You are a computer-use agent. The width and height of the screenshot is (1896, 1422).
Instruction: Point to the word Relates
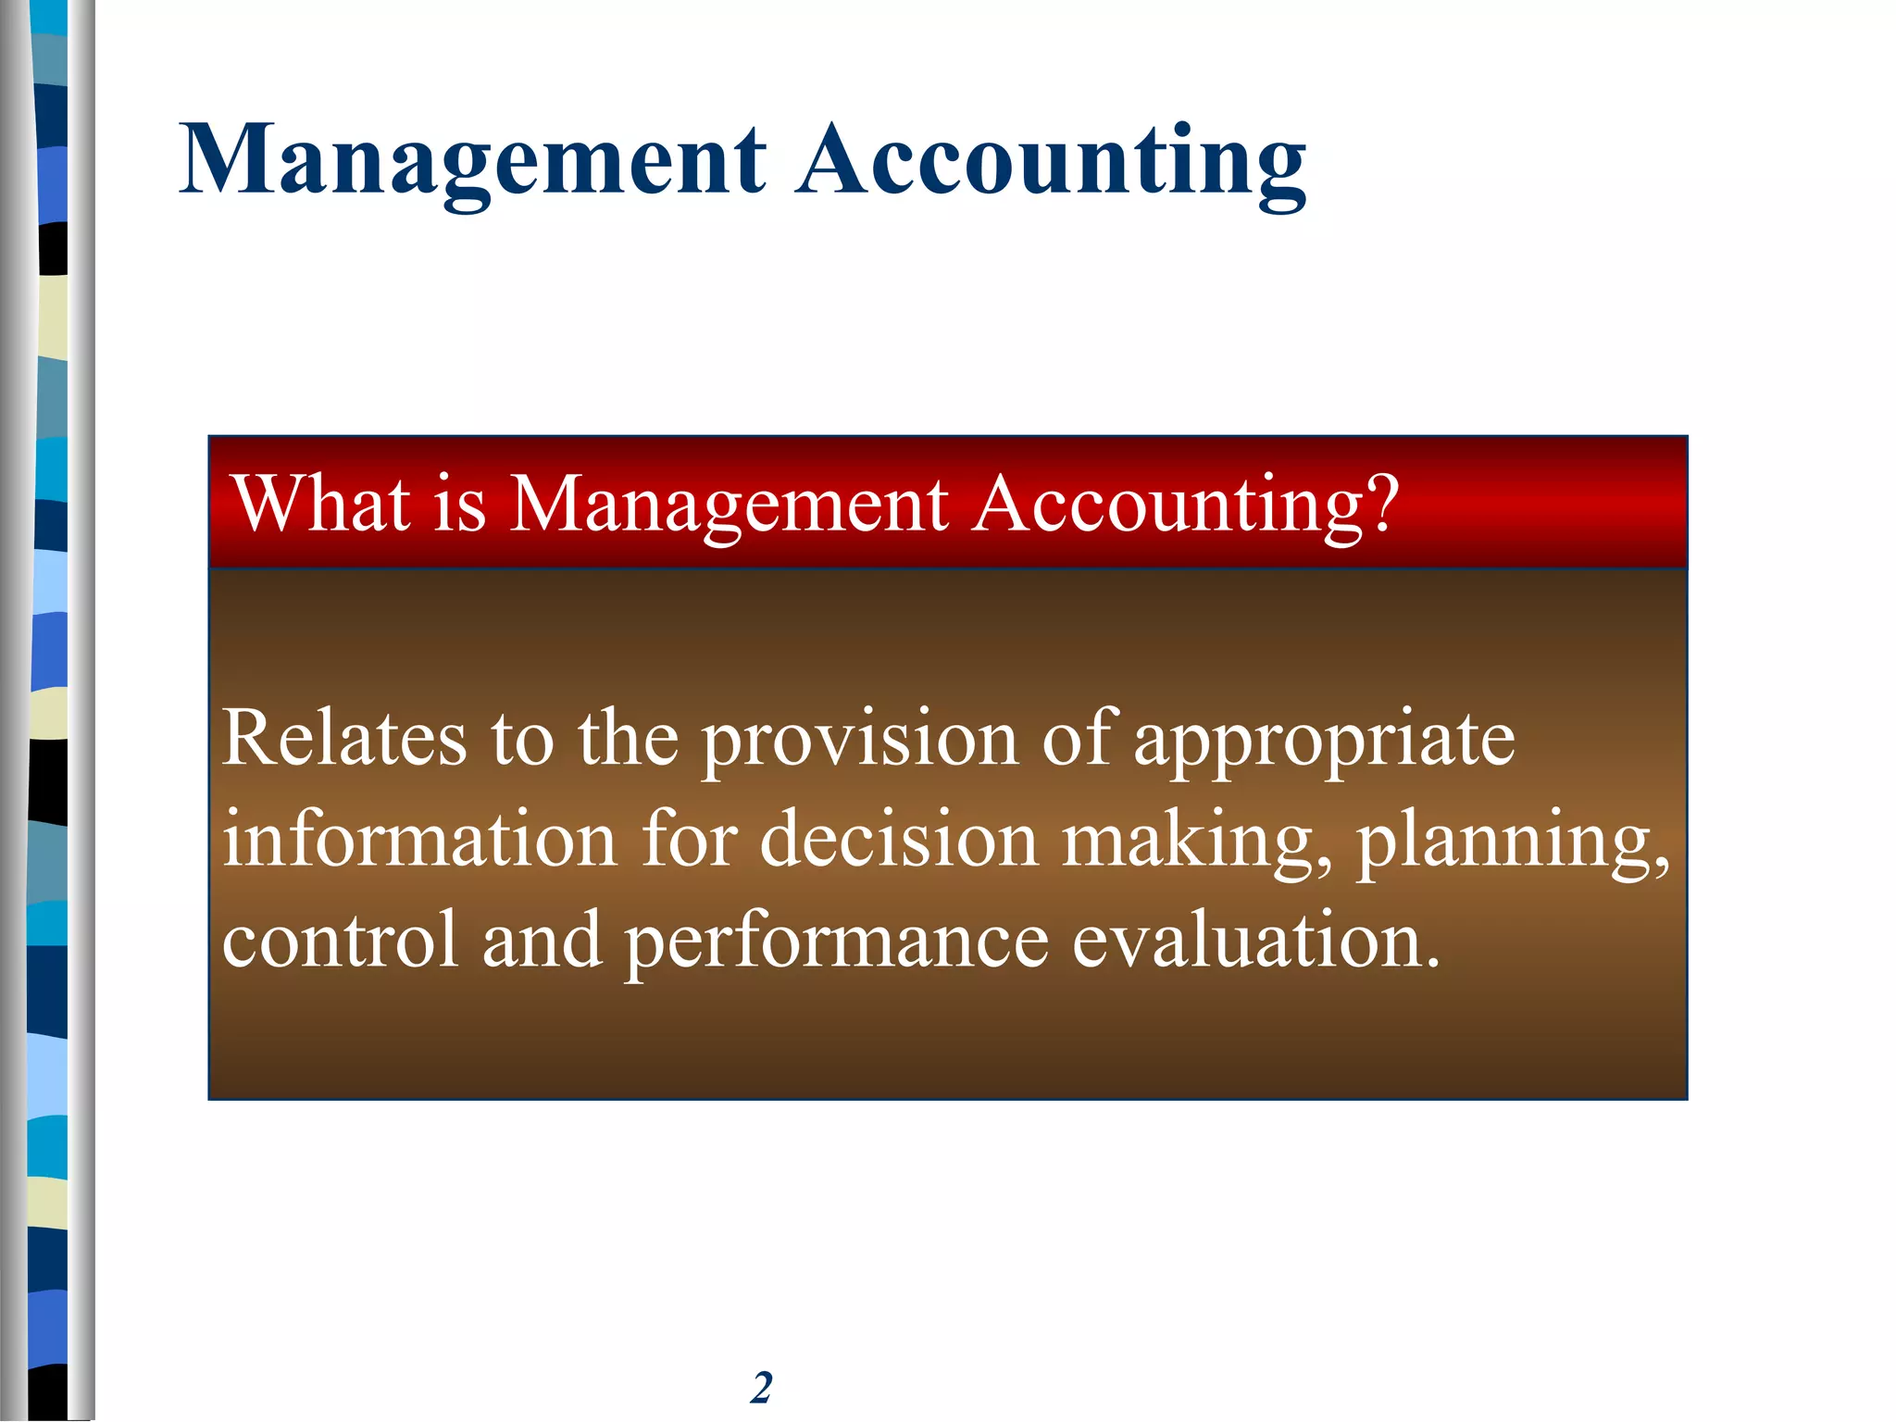pos(344,738)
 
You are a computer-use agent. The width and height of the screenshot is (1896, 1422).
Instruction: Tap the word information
pos(419,839)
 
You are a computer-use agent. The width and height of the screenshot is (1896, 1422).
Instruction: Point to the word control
pos(341,940)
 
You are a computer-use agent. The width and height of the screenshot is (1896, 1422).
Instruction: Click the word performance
pos(836,940)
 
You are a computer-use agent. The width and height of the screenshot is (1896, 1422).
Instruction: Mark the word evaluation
pos(1255,940)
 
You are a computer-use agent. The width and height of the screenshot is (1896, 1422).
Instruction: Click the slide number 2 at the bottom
pos(761,1387)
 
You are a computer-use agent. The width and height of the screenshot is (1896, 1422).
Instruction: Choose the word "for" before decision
pos(689,839)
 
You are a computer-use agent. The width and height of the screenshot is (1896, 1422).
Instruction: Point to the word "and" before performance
pos(542,940)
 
